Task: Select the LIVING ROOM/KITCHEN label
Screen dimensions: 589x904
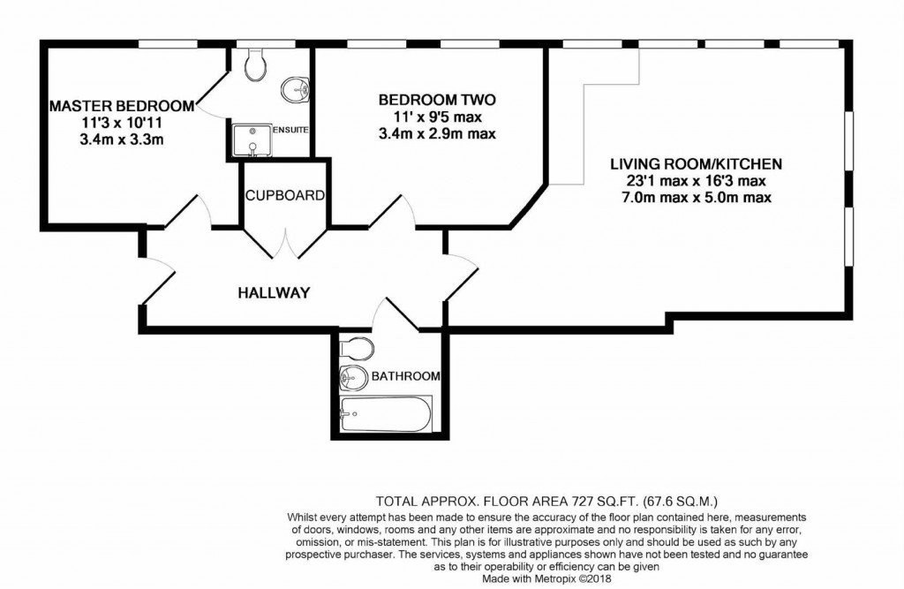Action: pyautogui.click(x=696, y=164)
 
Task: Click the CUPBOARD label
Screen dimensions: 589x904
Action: pyautogui.click(x=285, y=195)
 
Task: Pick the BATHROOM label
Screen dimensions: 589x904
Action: pyautogui.click(x=405, y=376)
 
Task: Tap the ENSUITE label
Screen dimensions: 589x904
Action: pyautogui.click(x=290, y=131)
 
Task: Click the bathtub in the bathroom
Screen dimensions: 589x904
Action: pyautogui.click(x=386, y=412)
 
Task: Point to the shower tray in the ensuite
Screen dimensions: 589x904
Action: pyautogui.click(x=251, y=140)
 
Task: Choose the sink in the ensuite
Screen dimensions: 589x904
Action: pyautogui.click(x=296, y=89)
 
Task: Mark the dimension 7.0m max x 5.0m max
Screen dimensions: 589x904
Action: pyautogui.click(x=696, y=198)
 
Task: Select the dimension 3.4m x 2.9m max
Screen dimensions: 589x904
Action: pyautogui.click(x=436, y=134)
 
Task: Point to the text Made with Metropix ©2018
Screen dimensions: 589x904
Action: pyautogui.click(x=545, y=580)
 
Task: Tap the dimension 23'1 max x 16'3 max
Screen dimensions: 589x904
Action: pyautogui.click(x=696, y=181)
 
